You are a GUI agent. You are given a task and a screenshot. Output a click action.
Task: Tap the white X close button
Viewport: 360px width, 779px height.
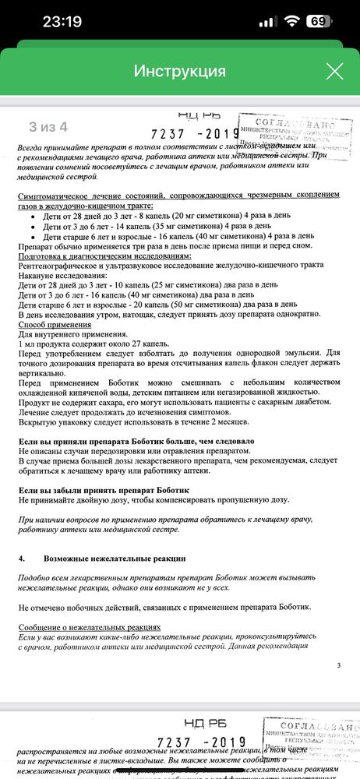pyautogui.click(x=334, y=72)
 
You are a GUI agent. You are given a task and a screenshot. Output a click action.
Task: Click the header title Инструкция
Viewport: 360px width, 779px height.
pyautogui.click(x=180, y=72)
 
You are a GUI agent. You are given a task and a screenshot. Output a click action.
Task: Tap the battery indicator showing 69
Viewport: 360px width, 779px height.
pyautogui.click(x=316, y=21)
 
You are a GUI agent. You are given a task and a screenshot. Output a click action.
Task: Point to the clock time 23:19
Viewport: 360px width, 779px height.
pyautogui.click(x=62, y=22)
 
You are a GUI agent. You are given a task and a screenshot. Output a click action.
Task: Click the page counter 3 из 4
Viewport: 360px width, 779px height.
pyautogui.click(x=48, y=125)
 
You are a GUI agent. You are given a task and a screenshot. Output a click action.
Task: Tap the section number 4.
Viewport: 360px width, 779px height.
pyautogui.click(x=23, y=558)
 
